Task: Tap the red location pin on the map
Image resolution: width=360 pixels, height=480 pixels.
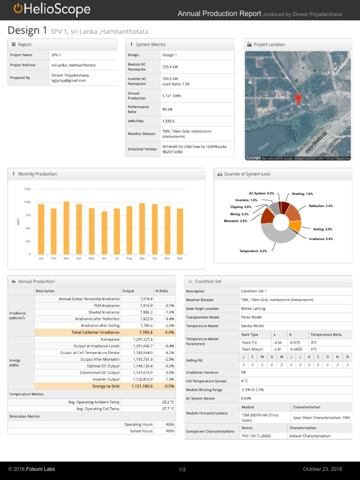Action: [298, 99]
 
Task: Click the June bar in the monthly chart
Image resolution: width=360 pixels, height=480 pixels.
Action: [104, 232]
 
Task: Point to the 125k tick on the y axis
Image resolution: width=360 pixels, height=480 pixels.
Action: [27, 189]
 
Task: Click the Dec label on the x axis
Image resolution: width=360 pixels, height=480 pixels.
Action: [180, 258]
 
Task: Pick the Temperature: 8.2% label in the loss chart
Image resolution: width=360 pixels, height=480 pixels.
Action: [253, 251]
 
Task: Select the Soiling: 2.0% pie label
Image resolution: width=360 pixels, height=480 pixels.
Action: [322, 229]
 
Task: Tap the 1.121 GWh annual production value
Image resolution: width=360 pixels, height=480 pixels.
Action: [172, 96]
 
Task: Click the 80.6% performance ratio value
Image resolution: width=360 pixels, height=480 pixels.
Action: [167, 109]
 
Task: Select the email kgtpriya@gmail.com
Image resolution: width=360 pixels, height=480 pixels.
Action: [68, 81]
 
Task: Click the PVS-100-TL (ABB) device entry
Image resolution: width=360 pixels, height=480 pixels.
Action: [258, 436]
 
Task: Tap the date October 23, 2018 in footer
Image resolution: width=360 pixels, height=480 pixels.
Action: [322, 469]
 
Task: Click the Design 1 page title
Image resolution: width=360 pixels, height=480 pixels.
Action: [28, 31]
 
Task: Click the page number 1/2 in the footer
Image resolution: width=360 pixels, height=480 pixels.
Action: [182, 470]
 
